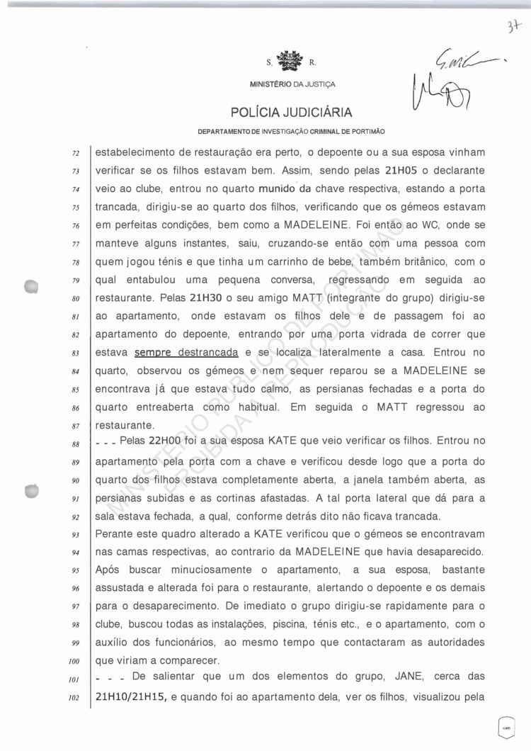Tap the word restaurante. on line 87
point(125,426)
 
